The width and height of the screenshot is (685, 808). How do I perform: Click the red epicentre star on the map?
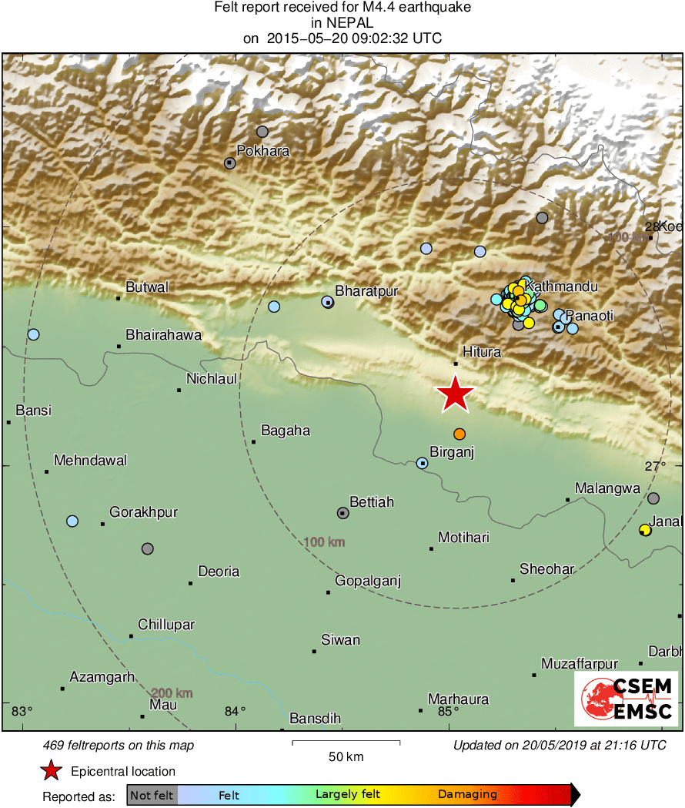[455, 394]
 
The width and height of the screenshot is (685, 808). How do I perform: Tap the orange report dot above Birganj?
[459, 434]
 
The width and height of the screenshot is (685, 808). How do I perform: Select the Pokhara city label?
[262, 151]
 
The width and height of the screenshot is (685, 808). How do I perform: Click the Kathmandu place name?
[561, 287]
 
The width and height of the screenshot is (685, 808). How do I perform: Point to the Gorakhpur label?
[144, 511]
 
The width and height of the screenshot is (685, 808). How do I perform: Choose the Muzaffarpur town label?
[569, 663]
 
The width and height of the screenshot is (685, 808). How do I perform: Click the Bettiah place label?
[372, 502]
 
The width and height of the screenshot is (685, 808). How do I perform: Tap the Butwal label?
[147, 287]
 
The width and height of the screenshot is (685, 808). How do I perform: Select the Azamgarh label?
[102, 677]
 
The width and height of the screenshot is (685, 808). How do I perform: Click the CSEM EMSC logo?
[626, 699]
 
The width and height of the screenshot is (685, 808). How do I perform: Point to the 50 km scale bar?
[346, 743]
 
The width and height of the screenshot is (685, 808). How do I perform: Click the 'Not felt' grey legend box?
[152, 795]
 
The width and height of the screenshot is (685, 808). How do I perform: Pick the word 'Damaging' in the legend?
[467, 795]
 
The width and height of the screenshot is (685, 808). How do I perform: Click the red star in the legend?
[51, 770]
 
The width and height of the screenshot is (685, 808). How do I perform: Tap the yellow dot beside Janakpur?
[645, 530]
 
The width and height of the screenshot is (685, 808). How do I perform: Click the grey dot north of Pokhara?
[262, 132]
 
